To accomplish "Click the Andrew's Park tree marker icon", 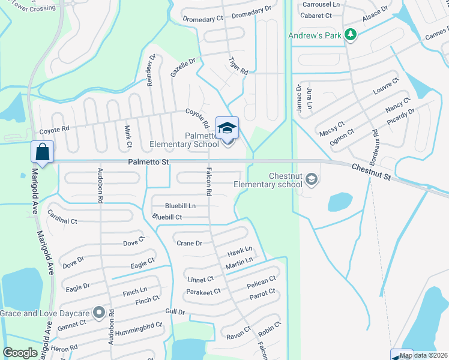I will click(351, 35).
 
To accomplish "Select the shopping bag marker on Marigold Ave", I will click(43, 152).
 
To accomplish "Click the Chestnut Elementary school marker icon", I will click(312, 179).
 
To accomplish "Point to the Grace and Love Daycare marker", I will click(100, 313).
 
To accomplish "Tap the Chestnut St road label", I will click(371, 173).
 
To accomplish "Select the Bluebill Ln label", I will click(180, 206).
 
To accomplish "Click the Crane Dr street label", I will click(189, 243).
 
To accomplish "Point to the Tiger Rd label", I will click(238, 65).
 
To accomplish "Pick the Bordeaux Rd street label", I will click(375, 148).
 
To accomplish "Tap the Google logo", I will click(20, 353).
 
